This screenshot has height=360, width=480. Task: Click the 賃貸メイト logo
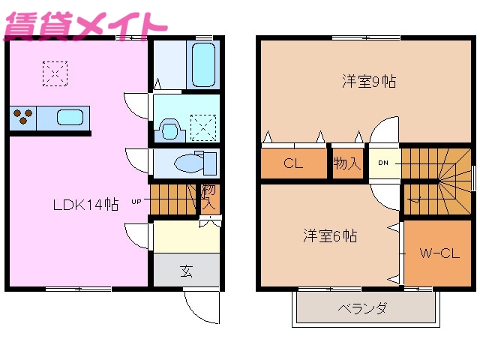[84, 22]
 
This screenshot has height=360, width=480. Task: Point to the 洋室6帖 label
[329, 235]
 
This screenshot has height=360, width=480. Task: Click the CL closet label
[292, 163]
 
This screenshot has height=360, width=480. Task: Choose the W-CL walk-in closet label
[439, 253]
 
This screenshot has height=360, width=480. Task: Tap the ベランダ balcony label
[362, 308]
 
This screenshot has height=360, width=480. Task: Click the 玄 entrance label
[186, 271]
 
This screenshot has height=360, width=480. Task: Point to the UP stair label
[136, 201]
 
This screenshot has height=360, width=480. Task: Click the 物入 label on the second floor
[346, 163]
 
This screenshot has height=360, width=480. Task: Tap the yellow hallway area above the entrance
[185, 237]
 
